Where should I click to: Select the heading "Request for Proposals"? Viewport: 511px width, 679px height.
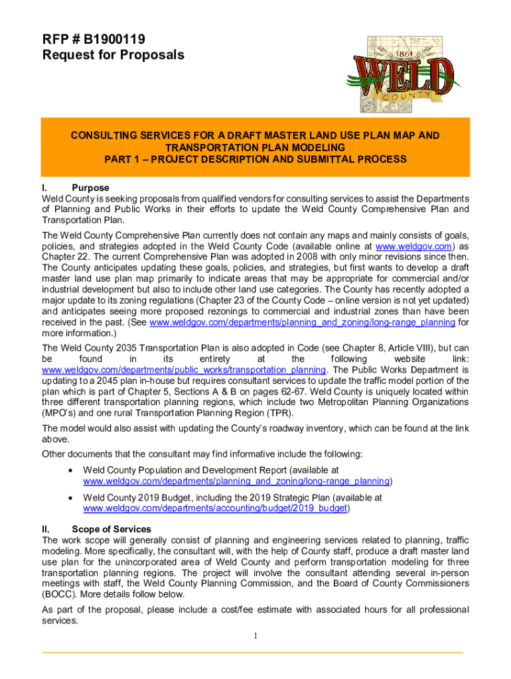113,55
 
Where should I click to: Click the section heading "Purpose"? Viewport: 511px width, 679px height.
90,188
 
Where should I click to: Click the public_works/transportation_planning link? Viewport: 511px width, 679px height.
183,369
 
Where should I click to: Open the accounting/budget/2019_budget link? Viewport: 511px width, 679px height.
216,509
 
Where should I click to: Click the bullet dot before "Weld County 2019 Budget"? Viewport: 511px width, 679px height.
70,497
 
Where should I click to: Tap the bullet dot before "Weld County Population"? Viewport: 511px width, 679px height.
70,469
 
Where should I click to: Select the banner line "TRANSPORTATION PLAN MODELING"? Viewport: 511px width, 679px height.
255,147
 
